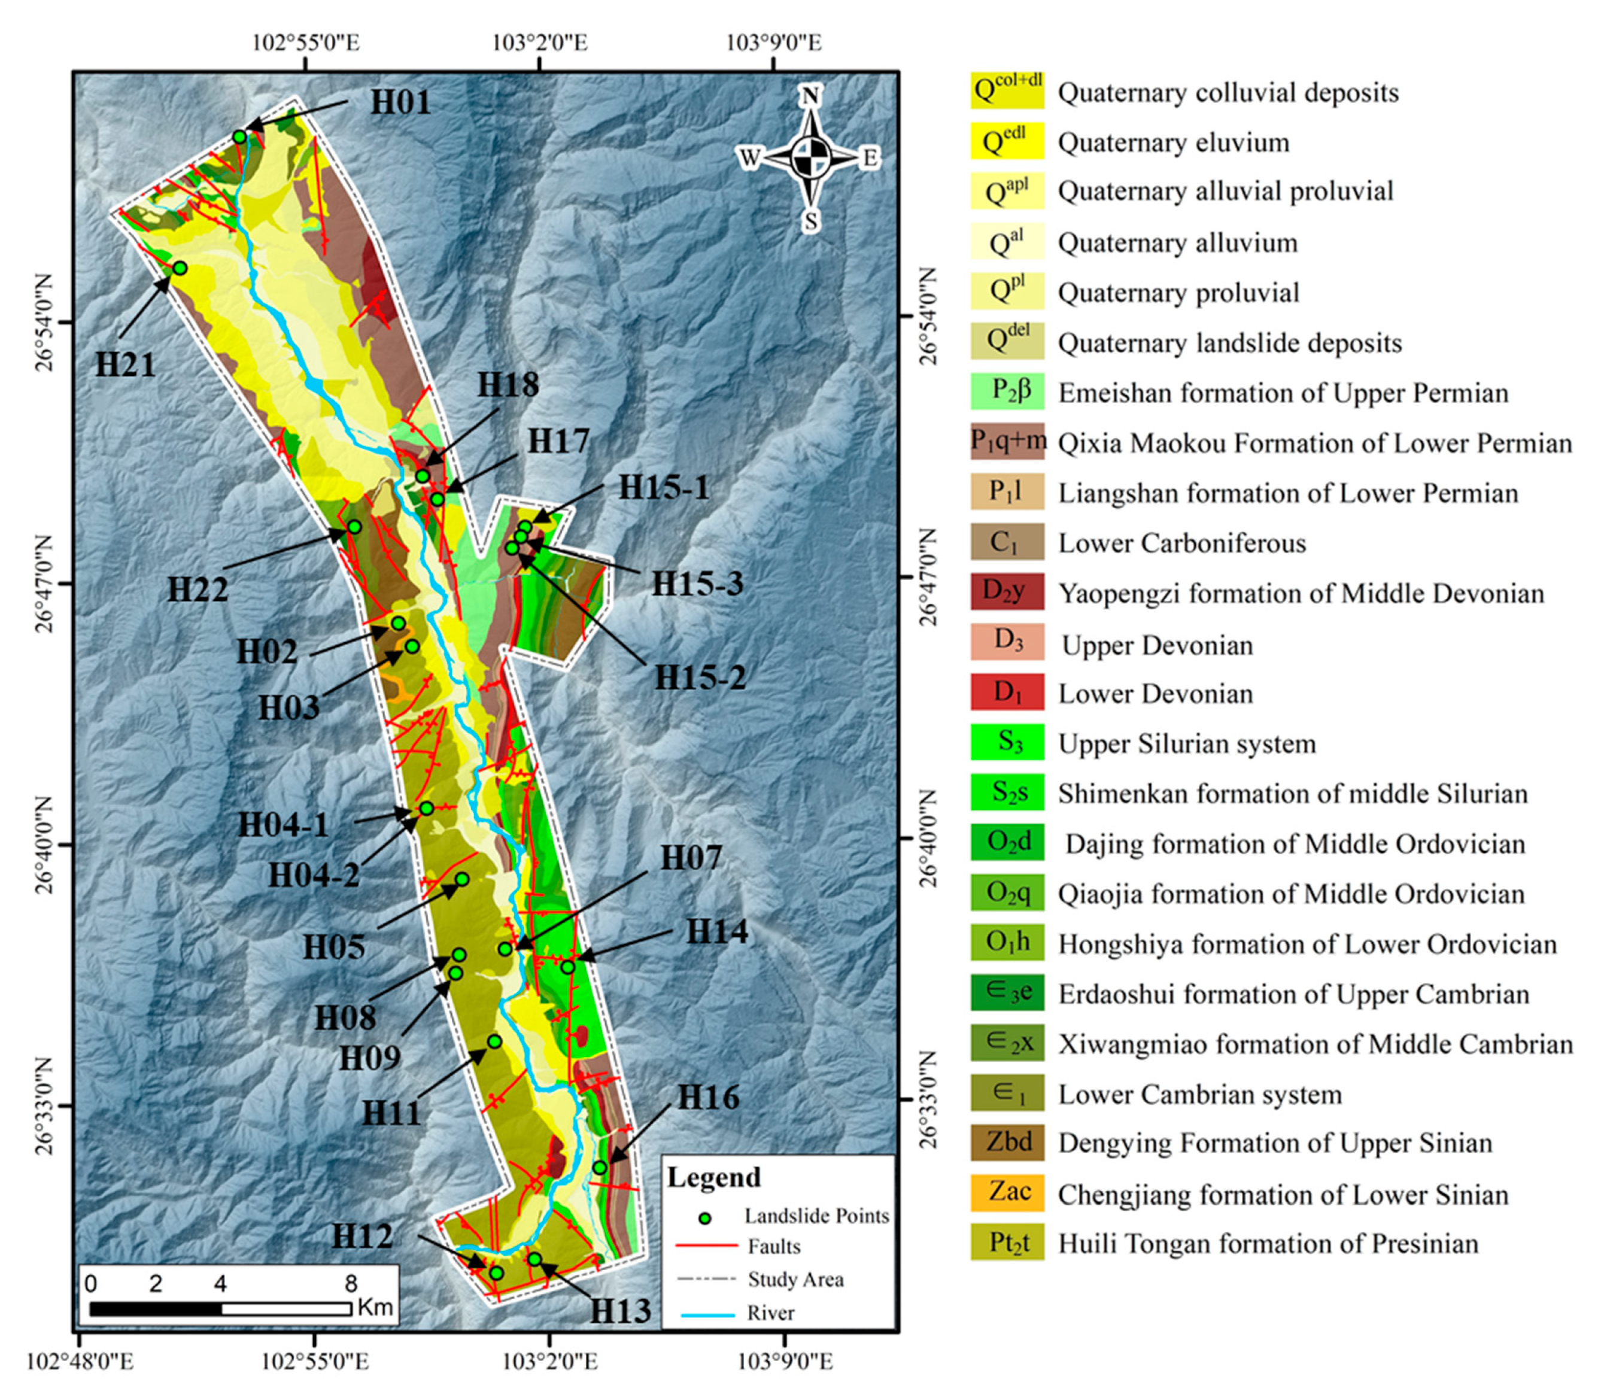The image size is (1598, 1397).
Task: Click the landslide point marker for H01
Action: pyautogui.click(x=239, y=137)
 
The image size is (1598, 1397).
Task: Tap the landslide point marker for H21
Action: pyautogui.click(x=180, y=268)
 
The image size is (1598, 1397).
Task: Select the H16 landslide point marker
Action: pyautogui.click(x=600, y=1167)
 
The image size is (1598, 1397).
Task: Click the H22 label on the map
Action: pyautogui.click(x=198, y=590)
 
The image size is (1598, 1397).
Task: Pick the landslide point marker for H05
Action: pyautogui.click(x=461, y=879)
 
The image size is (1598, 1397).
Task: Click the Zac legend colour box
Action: pyautogui.click(x=1007, y=1193)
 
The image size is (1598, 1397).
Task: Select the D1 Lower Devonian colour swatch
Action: pyautogui.click(x=1007, y=693)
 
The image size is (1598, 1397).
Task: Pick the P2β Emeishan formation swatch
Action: pyautogui.click(x=1007, y=392)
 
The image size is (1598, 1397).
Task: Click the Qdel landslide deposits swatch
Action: pyautogui.click(x=1007, y=341)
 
